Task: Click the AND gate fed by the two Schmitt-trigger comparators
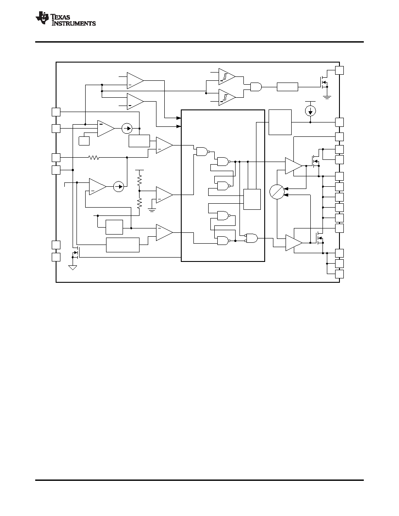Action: [x=256, y=87]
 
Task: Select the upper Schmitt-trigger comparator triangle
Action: [x=227, y=77]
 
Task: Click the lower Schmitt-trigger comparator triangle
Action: [x=227, y=97]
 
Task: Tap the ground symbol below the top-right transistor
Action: [x=326, y=97]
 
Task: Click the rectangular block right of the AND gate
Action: [x=287, y=87]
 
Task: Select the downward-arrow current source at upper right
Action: [x=310, y=111]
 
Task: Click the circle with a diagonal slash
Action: [x=276, y=192]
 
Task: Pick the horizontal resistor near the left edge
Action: [x=93, y=158]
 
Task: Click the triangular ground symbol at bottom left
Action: [x=73, y=268]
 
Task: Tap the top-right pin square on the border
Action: [x=339, y=70]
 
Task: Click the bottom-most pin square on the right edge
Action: [x=339, y=274]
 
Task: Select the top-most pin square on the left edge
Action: [x=56, y=112]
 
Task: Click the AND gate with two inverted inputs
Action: [x=252, y=238]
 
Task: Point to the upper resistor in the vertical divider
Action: [x=140, y=179]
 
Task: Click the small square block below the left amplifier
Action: [x=84, y=141]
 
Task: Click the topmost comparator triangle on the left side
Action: [x=135, y=81]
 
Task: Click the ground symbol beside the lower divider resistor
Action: [x=151, y=210]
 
